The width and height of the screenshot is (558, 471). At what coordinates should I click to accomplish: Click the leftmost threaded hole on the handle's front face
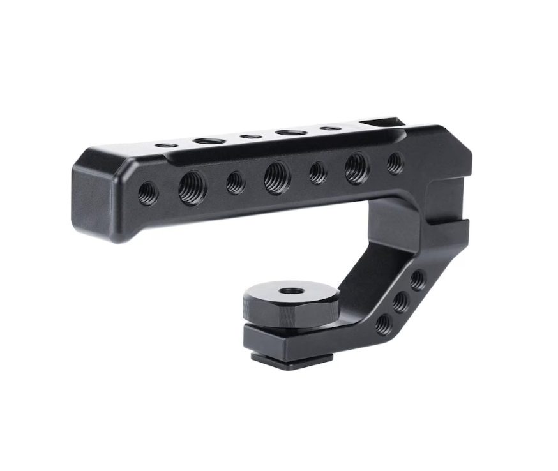tap(147, 192)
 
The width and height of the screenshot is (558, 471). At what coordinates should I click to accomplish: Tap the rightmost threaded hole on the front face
tap(395, 163)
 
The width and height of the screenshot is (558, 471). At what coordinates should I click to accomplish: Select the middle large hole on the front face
tap(277, 177)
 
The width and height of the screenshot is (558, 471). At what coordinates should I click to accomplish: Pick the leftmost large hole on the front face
tap(192, 188)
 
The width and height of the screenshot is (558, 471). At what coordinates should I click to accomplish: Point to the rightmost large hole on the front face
tap(356, 168)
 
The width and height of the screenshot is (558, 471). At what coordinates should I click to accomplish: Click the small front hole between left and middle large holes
tap(236, 183)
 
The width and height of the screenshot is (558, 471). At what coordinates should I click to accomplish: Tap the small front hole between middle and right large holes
tap(318, 173)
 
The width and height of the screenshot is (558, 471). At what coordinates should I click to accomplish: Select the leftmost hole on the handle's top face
tap(166, 146)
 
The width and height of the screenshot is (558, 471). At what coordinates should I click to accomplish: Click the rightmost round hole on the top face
tap(330, 128)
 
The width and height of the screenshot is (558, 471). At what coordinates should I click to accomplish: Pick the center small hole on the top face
tap(251, 137)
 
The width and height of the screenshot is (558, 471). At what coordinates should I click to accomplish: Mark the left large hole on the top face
tap(209, 140)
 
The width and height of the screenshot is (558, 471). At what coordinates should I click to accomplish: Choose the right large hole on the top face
tap(291, 132)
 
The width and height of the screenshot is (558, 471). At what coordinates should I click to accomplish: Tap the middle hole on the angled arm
tap(400, 302)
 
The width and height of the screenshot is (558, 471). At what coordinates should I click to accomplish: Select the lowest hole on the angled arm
tap(383, 324)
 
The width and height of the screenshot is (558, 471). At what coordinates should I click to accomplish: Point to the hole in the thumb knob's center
tap(292, 291)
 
